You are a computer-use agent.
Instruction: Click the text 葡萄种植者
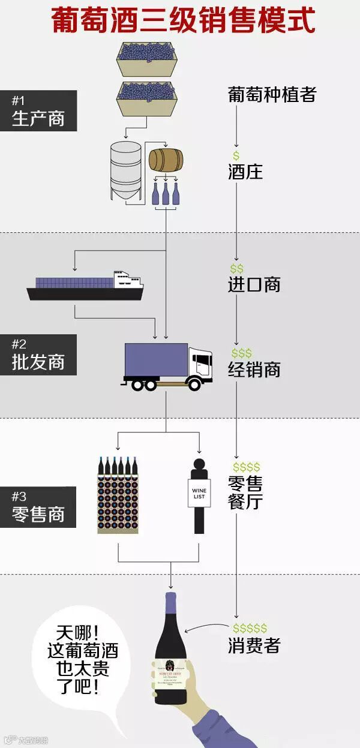click(x=272, y=94)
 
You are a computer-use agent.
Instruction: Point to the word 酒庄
click(x=245, y=172)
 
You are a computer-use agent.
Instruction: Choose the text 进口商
click(x=254, y=284)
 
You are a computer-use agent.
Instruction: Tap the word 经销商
click(x=254, y=369)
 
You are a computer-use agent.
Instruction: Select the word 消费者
click(x=254, y=645)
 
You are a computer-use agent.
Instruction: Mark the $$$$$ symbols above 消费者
click(x=250, y=628)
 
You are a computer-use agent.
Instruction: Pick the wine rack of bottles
click(x=118, y=496)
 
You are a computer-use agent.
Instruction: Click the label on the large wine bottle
click(x=171, y=675)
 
